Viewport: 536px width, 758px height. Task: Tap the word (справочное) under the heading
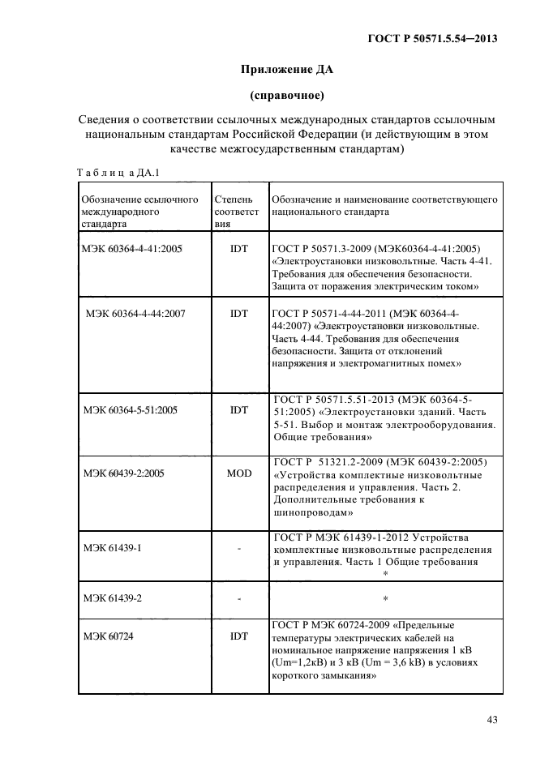(287, 96)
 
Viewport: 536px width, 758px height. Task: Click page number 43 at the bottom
(491, 719)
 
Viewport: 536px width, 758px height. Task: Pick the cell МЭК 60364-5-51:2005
(131, 410)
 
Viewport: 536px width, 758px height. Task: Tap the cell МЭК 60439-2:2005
(124, 472)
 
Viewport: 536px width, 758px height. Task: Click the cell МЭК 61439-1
(113, 548)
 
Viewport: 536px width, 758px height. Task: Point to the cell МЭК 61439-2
(113, 597)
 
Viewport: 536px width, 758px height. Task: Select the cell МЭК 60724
(108, 636)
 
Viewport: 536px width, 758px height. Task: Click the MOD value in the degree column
(238, 472)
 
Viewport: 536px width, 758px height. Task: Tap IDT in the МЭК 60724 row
(238, 636)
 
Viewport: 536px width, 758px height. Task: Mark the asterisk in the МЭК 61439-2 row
(385, 599)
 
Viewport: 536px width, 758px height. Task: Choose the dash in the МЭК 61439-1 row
(239, 549)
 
